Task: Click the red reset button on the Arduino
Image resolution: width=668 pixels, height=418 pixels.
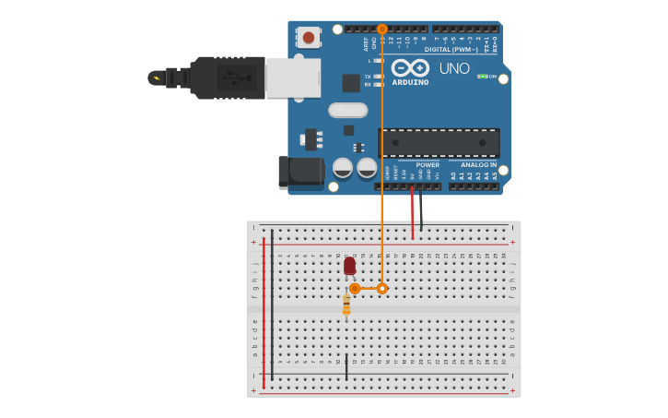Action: point(309,38)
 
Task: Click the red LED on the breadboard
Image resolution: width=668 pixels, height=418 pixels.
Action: point(349,266)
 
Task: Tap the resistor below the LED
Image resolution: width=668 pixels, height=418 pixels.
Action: point(346,304)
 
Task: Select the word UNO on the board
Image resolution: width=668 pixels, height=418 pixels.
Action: point(454,68)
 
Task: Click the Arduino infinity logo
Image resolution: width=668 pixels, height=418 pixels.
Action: point(410,67)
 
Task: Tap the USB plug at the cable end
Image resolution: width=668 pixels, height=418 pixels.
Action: point(226,78)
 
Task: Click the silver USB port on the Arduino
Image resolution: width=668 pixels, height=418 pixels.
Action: point(293,78)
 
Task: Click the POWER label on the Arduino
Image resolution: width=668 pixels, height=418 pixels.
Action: point(428,164)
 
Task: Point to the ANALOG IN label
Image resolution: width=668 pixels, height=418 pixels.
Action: point(478,164)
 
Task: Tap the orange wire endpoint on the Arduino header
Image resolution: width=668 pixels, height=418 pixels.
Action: point(382,30)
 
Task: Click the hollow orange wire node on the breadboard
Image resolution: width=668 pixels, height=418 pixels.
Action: point(382,289)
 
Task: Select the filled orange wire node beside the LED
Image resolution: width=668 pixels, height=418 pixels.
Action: point(355,289)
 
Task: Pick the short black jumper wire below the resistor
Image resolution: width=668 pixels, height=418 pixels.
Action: point(346,366)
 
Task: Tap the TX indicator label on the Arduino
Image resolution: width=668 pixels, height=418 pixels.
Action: point(368,76)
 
